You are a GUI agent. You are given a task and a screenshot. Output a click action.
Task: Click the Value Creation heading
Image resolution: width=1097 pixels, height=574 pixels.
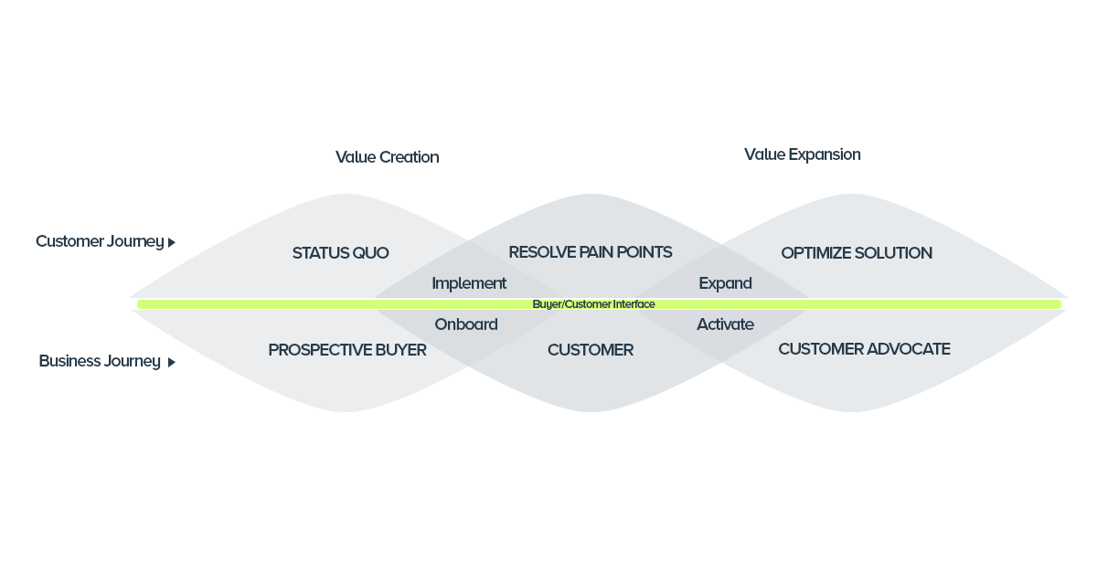(x=387, y=157)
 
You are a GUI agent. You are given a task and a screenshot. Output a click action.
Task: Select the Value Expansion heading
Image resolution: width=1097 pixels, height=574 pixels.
(x=802, y=154)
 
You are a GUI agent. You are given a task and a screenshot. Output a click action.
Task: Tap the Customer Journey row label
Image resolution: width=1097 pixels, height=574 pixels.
(x=100, y=241)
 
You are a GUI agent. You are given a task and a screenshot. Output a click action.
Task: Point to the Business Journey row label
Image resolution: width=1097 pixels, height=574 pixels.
(x=100, y=361)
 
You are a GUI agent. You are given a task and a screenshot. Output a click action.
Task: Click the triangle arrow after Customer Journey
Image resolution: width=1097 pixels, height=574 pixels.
(x=172, y=243)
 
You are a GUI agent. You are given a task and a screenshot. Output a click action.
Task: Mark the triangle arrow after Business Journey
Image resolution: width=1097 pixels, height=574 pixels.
(x=172, y=363)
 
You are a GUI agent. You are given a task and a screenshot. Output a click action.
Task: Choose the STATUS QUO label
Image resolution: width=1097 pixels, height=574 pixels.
(x=340, y=253)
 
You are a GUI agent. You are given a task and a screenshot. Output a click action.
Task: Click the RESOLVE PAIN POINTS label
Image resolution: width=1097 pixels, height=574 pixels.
(x=590, y=252)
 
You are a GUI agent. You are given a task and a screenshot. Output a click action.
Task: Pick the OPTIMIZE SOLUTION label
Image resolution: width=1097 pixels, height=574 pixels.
(x=857, y=253)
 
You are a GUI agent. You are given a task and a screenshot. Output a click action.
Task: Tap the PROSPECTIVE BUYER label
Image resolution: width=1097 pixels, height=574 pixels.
(x=347, y=350)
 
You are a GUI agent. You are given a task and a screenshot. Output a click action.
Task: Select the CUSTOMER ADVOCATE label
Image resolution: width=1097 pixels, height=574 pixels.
(x=864, y=349)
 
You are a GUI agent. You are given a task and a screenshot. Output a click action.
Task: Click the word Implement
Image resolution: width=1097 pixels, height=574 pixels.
(x=469, y=283)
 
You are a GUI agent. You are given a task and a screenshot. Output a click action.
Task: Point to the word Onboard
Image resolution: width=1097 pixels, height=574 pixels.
(x=466, y=324)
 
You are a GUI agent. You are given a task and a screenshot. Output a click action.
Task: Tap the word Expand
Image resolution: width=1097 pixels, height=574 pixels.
(x=725, y=283)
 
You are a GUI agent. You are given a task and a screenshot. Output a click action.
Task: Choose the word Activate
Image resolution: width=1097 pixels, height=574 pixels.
(x=725, y=324)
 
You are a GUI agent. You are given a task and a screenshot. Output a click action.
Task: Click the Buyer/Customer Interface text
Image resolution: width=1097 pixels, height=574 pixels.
(x=593, y=304)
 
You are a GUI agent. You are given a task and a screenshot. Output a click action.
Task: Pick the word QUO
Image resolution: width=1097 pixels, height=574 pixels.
(x=369, y=253)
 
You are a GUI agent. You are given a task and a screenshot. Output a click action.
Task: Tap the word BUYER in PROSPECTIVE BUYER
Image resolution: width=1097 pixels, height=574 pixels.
(x=398, y=350)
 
